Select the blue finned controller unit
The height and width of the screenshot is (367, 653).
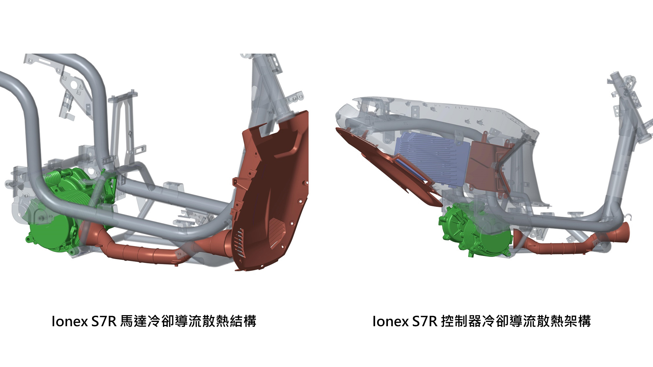click(x=431, y=160)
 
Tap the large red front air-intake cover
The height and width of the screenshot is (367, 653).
click(x=274, y=183)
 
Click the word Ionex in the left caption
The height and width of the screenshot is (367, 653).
click(x=70, y=321)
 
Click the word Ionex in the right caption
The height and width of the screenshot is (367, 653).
click(x=390, y=321)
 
